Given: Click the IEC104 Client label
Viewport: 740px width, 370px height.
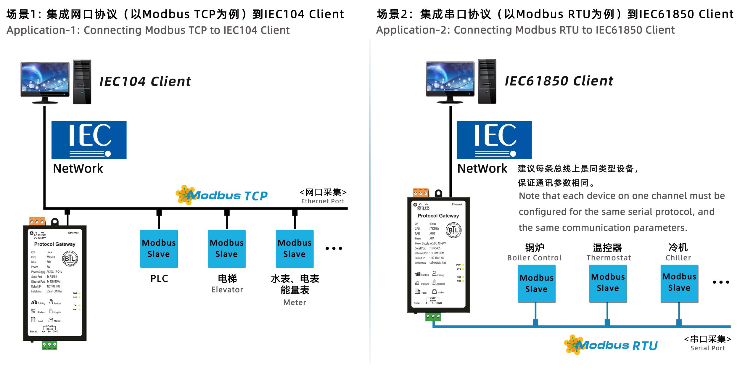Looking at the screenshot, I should [145, 81].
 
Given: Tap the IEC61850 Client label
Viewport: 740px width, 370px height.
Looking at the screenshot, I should [559, 81].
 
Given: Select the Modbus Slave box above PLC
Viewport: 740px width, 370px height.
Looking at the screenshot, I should [159, 248].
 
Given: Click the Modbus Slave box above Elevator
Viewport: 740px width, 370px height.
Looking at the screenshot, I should [227, 248].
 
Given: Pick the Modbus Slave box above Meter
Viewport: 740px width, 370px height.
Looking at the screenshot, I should [295, 248].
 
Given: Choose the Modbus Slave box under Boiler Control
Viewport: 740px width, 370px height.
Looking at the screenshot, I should [536, 283].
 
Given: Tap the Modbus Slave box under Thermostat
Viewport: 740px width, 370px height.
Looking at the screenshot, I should [608, 283].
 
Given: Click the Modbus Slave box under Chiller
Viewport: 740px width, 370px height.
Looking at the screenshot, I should [679, 282].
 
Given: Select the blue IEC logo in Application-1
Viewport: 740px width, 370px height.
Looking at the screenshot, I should [89, 140].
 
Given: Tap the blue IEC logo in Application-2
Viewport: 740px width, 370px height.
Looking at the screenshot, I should [494, 140].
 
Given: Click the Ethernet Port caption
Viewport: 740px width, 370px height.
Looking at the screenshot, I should [323, 201].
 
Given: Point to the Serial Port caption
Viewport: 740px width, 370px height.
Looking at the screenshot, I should [707, 348].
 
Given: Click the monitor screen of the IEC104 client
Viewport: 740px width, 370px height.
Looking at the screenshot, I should [45, 78].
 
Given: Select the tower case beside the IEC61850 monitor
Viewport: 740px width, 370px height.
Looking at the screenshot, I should [487, 81].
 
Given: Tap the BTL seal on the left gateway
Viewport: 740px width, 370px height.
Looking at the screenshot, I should [70, 259].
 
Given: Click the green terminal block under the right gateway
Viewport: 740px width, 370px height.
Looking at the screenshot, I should [433, 316].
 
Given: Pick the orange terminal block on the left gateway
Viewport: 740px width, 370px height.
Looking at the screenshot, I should [37, 221].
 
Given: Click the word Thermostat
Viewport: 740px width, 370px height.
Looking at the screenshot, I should [609, 258].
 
